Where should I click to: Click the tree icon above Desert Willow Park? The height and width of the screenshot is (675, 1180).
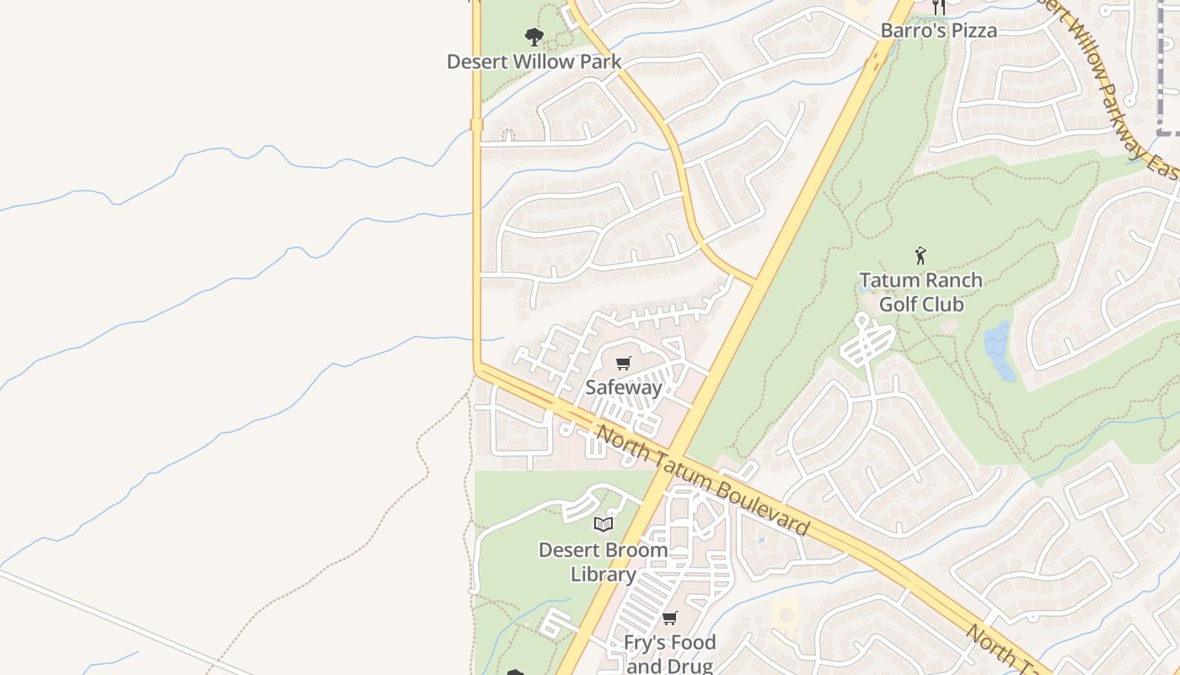coord(534,37)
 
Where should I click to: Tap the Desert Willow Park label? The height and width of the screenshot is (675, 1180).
coord(534,62)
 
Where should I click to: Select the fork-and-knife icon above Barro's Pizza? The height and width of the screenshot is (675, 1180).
coord(938,8)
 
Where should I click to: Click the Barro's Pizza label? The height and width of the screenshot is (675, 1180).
coord(938,31)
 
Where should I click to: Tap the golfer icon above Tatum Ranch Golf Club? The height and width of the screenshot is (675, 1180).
coord(920,255)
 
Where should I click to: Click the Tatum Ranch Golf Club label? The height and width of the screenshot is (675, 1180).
coord(920,292)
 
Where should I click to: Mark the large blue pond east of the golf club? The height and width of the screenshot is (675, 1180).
coord(1000,350)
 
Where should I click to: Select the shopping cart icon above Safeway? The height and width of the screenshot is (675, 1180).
coord(623,364)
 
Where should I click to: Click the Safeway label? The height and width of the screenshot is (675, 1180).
coord(624,388)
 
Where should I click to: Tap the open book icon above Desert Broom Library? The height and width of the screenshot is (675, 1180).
coord(603,525)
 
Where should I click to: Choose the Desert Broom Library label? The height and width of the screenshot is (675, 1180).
coord(603,562)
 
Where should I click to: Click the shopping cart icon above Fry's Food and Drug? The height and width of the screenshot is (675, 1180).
coord(669,618)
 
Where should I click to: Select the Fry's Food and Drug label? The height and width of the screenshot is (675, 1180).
coord(669,654)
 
